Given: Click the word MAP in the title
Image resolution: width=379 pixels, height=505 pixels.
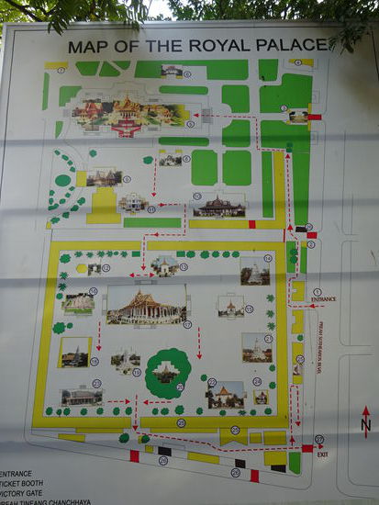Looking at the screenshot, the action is point(86,47).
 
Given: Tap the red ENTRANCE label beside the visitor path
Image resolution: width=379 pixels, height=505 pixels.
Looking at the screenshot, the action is point(324,298).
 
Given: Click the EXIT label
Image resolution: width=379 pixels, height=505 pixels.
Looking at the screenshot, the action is point(322,454).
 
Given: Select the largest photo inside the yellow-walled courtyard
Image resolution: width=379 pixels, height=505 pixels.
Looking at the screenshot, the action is point(146,304).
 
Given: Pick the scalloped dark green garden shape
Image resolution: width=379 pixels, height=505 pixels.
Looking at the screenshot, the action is point(168,371).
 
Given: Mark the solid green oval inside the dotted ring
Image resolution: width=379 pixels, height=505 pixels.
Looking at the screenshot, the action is point(62,180).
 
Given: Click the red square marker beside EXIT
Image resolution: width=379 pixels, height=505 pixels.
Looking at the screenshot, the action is point(307,448).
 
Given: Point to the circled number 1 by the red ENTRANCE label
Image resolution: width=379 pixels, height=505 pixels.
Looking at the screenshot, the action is point(317,291).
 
